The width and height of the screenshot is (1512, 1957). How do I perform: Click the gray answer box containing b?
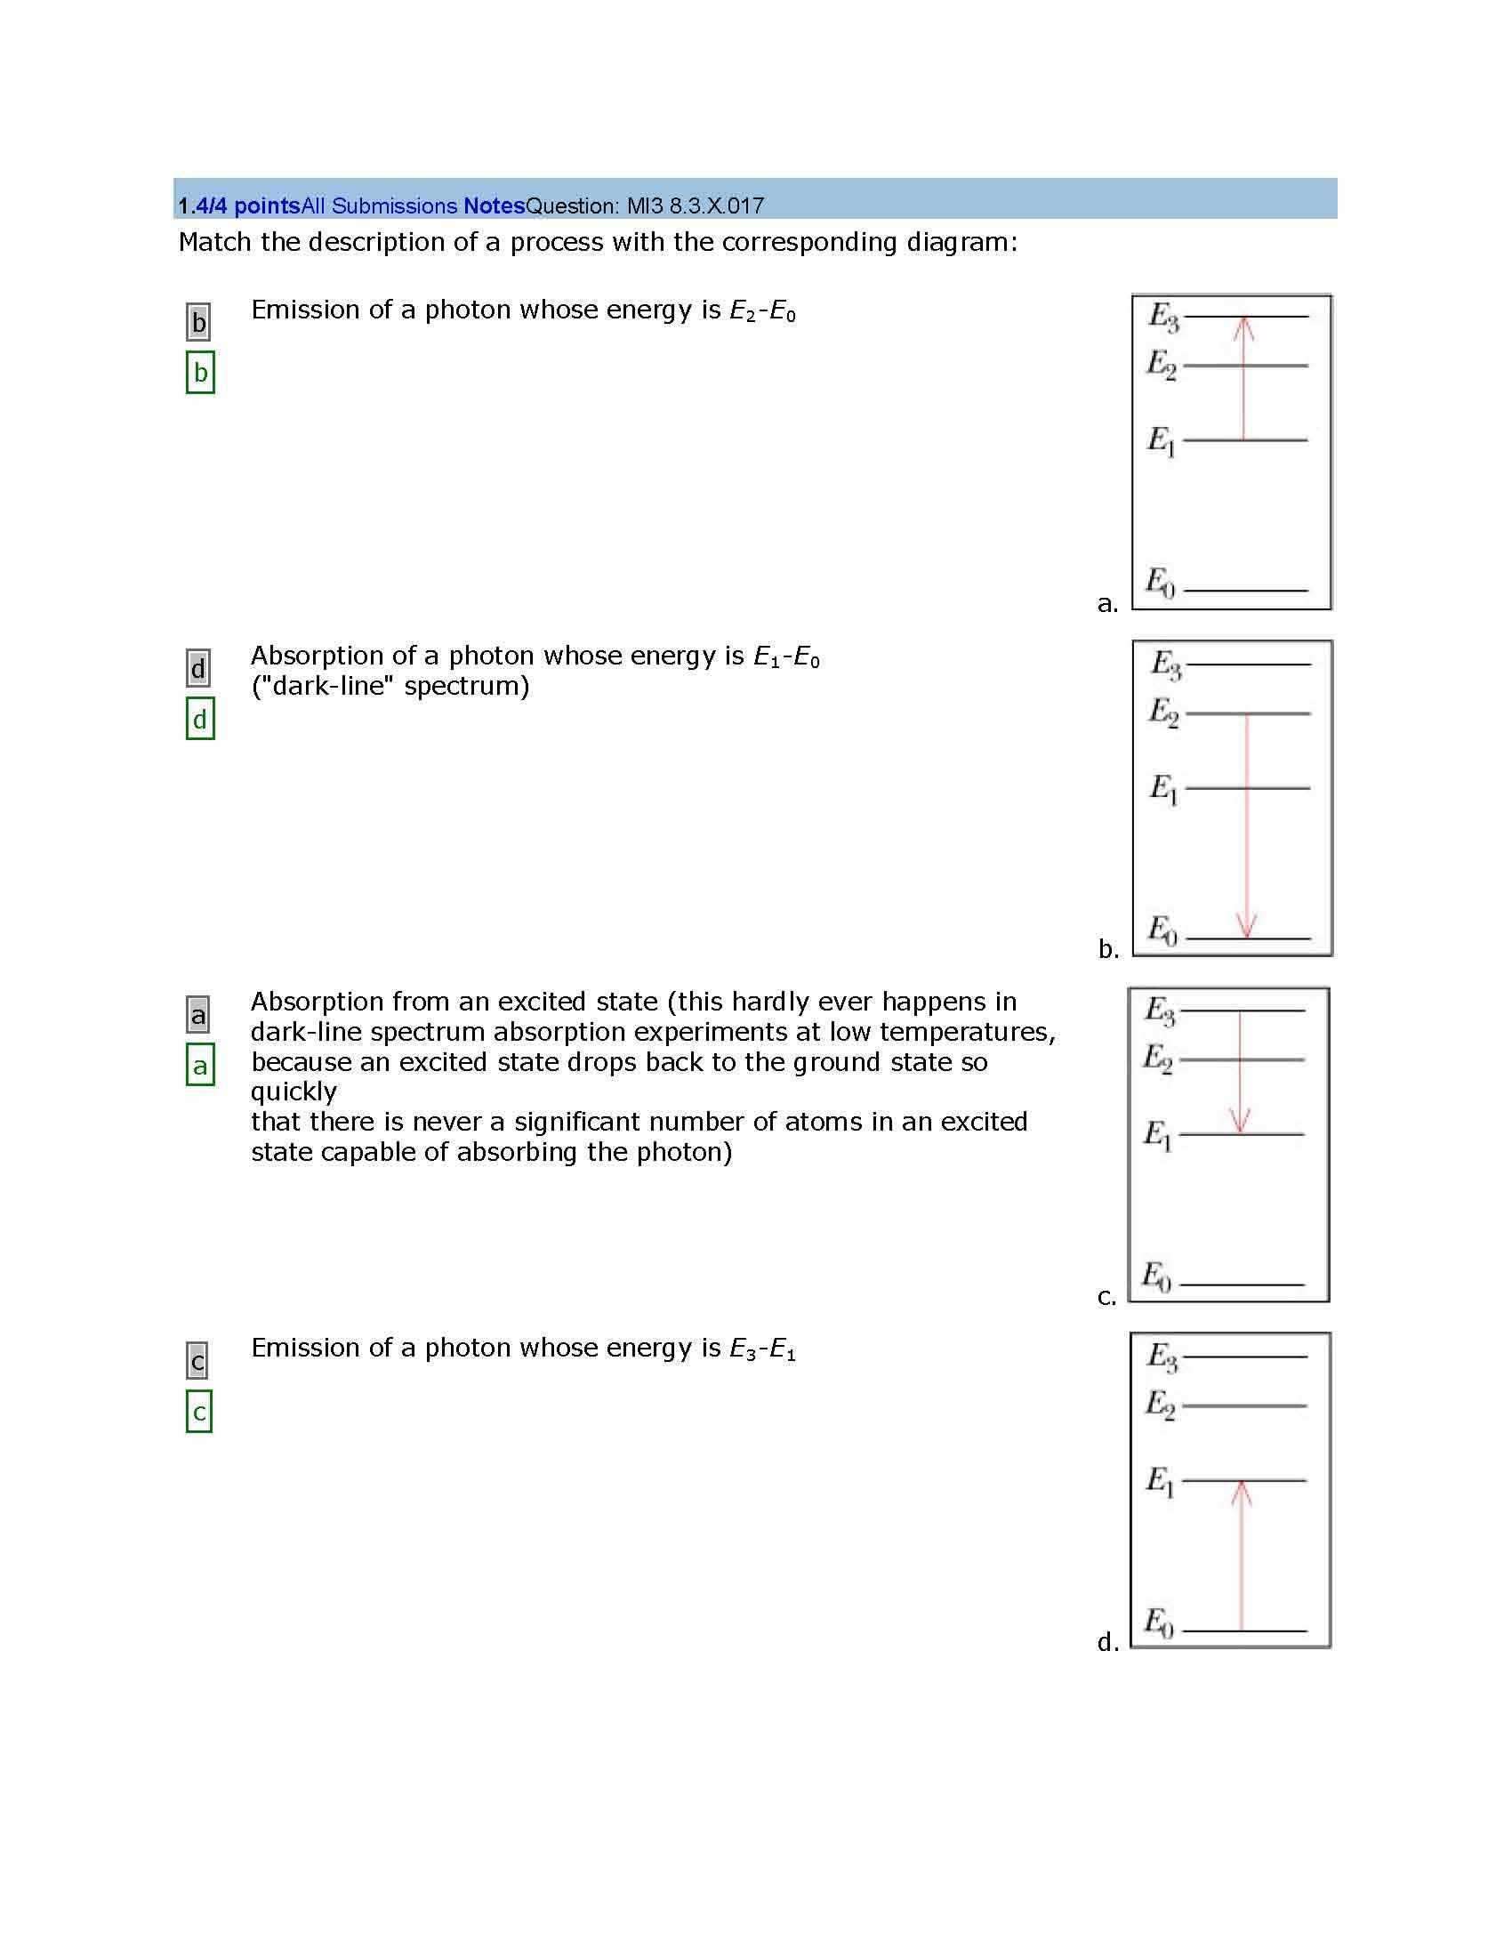click(x=199, y=322)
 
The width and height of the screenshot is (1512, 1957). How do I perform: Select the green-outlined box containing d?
click(x=200, y=719)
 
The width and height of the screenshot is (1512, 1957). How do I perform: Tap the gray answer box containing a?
click(x=198, y=1015)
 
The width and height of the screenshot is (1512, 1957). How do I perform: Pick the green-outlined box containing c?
click(x=199, y=1413)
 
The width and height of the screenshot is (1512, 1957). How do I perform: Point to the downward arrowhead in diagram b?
click(x=1247, y=926)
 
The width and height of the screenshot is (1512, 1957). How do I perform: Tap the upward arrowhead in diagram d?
click(x=1241, y=1494)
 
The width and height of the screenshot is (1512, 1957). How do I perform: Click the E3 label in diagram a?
click(x=1163, y=318)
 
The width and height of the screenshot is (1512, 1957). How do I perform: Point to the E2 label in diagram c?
click(x=1158, y=1058)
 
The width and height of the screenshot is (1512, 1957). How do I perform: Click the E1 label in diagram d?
click(x=1160, y=1480)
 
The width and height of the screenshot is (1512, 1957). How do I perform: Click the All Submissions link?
click(x=380, y=206)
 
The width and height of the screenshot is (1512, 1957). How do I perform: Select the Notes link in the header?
click(x=494, y=206)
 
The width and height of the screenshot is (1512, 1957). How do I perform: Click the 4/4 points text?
click(x=246, y=206)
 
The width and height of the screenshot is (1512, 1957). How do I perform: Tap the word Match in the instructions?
click(x=215, y=242)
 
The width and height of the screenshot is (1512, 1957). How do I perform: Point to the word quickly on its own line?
click(x=294, y=1091)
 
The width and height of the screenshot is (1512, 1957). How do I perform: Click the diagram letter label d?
click(x=1108, y=1641)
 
